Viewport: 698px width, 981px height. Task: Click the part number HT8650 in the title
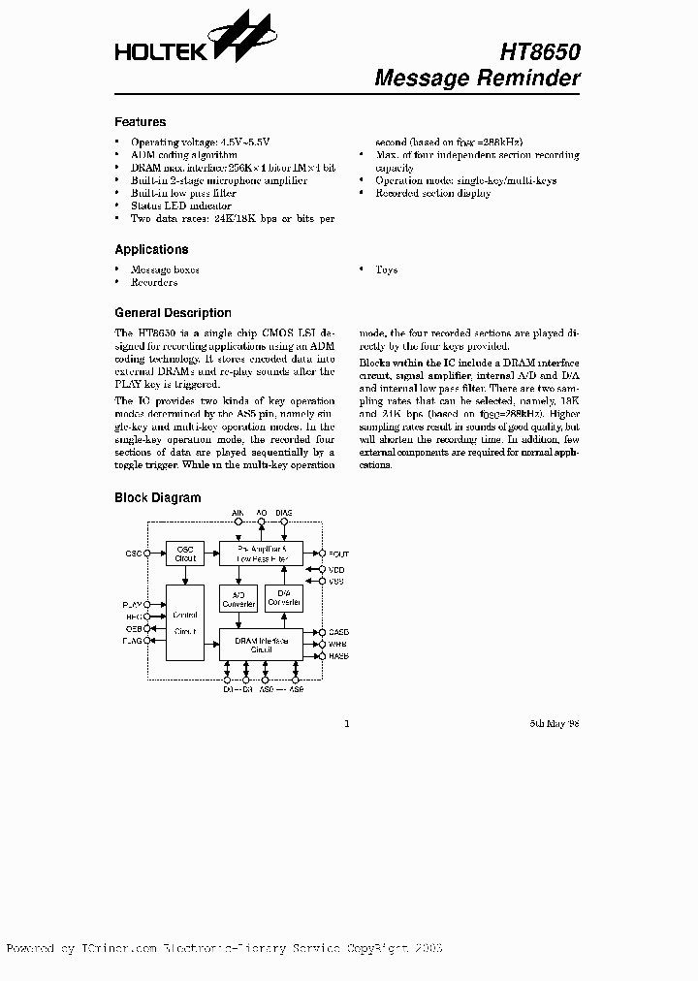click(540, 51)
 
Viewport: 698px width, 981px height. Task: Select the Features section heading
click(141, 122)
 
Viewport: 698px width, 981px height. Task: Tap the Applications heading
click(151, 249)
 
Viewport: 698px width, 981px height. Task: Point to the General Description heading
click(173, 313)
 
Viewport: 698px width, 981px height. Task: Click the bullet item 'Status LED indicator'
click(182, 206)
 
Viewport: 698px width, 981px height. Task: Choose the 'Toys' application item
click(386, 270)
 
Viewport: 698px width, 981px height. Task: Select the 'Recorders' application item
click(155, 283)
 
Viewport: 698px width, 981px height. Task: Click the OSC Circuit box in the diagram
click(185, 554)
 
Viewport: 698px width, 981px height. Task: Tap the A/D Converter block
click(238, 599)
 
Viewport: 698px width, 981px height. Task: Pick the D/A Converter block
click(284, 599)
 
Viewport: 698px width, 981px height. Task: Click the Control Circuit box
click(185, 622)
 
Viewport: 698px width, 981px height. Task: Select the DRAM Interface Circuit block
click(261, 644)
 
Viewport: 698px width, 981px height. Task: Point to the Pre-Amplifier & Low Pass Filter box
click(261, 554)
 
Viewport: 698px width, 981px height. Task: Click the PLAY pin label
click(132, 604)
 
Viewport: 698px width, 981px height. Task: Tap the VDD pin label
click(336, 569)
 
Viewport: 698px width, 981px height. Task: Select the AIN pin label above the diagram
click(238, 511)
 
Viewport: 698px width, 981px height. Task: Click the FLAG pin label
click(132, 641)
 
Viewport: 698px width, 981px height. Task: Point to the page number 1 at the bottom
click(347, 723)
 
